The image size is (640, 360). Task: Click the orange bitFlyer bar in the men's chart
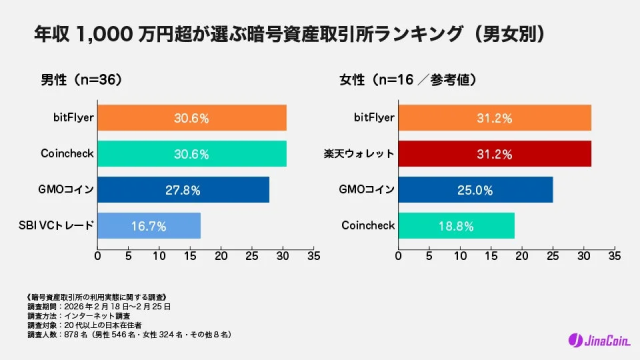[x=192, y=117]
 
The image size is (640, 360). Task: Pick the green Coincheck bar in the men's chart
[x=192, y=154]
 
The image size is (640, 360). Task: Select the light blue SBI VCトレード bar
[x=149, y=226]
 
